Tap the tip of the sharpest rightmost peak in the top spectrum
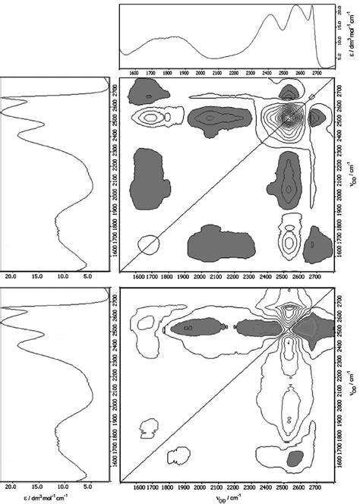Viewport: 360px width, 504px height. click(310, 7)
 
